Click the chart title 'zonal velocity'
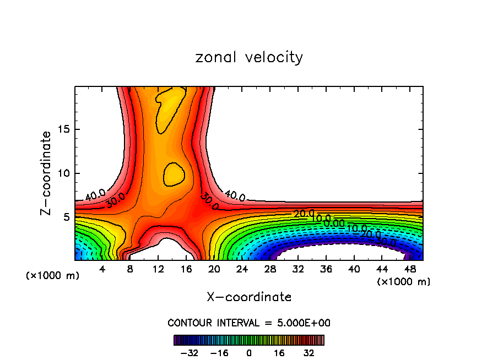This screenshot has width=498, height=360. (x=249, y=57)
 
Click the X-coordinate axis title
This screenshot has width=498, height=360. (x=249, y=297)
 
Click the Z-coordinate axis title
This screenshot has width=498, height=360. (x=47, y=173)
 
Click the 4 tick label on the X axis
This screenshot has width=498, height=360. (x=102, y=269)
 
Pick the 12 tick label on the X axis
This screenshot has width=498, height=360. (x=158, y=269)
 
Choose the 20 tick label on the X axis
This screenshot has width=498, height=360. (x=214, y=269)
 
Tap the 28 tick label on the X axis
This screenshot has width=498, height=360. (x=270, y=269)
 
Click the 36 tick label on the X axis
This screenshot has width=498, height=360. (x=326, y=269)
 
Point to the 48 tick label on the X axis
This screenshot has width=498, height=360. (x=410, y=269)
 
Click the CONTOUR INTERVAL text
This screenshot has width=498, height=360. (x=249, y=323)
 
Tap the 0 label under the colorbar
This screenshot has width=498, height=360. (x=249, y=353)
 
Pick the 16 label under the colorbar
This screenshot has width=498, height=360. (x=279, y=353)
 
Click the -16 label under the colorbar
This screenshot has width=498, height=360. (x=220, y=353)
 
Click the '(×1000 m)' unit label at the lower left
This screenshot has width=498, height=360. (x=52, y=276)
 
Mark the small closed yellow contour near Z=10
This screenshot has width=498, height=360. (x=174, y=173)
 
